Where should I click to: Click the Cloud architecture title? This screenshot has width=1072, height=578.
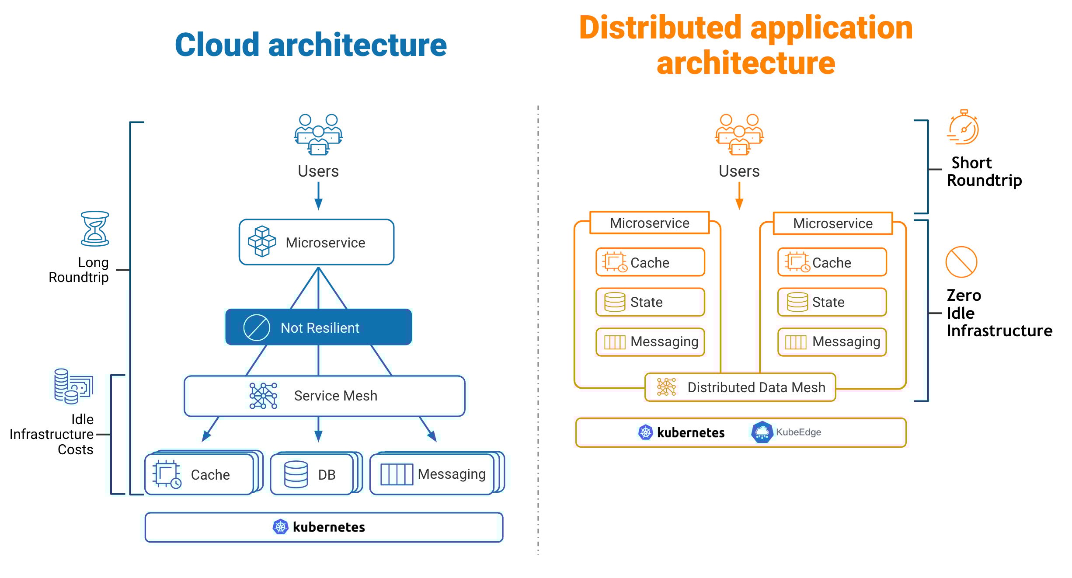point(310,45)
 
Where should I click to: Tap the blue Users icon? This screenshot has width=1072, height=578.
point(318,134)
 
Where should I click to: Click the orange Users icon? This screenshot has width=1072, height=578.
point(739,134)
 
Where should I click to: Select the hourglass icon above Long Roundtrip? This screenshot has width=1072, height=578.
point(95,229)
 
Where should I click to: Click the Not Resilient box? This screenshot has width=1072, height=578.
point(318,327)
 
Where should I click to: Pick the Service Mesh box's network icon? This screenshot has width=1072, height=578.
point(263,396)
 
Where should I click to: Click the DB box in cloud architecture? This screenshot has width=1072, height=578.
point(313,474)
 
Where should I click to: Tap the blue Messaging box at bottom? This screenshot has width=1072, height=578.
point(433,474)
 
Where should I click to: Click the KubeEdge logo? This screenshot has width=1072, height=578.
point(762,432)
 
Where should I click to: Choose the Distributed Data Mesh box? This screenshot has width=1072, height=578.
point(740,387)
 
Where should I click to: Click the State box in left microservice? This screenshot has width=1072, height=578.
point(650,302)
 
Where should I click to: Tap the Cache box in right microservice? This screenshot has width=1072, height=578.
point(832,262)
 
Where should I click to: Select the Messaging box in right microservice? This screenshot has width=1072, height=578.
point(832,342)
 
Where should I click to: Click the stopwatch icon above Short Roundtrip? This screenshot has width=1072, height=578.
point(963,128)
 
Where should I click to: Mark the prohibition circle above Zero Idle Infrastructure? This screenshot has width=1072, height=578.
point(961,262)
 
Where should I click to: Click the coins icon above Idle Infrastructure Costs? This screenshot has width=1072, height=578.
point(73,386)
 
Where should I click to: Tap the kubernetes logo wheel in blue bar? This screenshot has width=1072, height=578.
point(280,527)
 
